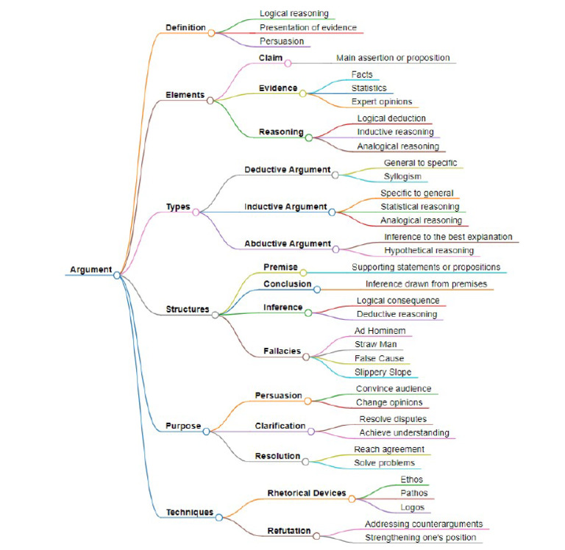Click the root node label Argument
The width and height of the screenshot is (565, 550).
point(90,270)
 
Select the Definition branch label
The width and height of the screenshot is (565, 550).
point(185,27)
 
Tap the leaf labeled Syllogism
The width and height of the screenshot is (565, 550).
point(402,176)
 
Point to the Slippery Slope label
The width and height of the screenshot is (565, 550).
point(383,372)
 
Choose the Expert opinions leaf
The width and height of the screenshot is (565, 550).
point(381,101)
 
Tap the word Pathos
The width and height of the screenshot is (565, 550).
point(414,493)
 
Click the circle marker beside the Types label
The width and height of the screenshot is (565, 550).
point(196,212)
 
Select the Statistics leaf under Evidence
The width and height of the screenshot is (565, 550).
point(369,87)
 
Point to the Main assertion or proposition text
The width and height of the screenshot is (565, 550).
point(393,57)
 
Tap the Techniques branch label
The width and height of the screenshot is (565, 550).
point(189,512)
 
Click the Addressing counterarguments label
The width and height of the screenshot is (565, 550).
point(424,524)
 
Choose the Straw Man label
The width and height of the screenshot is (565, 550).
point(376,344)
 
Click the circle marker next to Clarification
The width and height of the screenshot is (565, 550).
point(311,431)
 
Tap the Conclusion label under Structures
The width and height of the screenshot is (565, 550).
point(288,284)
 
